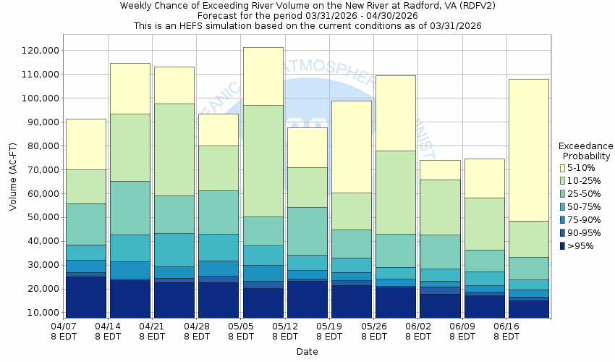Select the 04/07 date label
(x=64, y=326)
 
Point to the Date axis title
(x=307, y=351)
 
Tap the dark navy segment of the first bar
(x=85, y=297)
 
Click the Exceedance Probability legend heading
(x=586, y=151)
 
